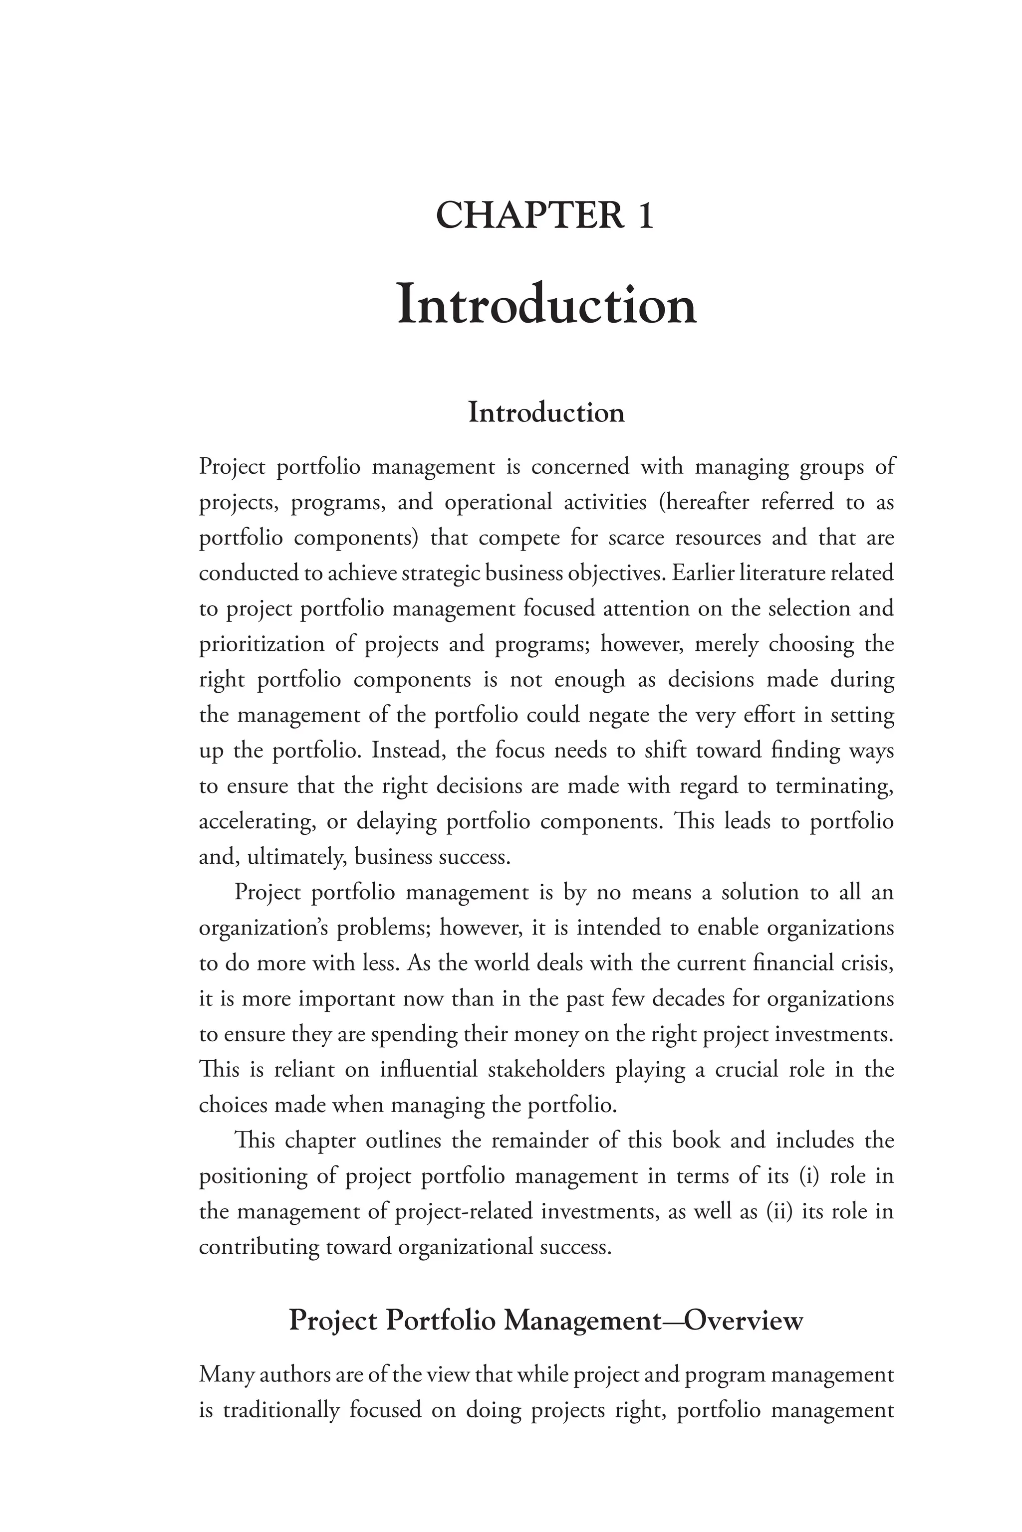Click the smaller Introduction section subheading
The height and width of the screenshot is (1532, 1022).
pos(546,413)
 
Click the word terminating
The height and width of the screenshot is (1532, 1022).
pos(834,786)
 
